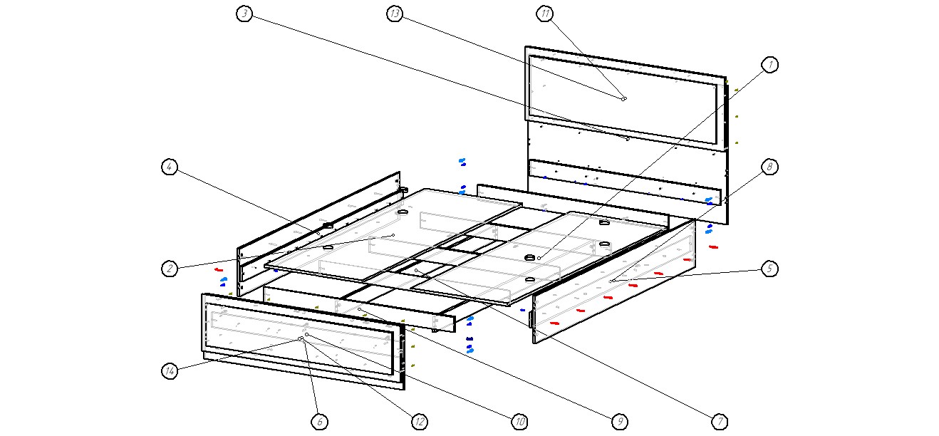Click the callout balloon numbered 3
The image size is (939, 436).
click(x=245, y=14)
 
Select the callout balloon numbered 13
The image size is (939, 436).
click(x=395, y=14)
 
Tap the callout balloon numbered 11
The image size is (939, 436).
click(x=545, y=14)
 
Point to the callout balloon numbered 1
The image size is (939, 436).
click(x=769, y=65)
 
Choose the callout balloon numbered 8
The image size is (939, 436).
click(x=769, y=167)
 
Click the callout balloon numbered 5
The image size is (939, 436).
click(x=769, y=269)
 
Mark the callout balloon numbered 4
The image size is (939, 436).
click(x=170, y=167)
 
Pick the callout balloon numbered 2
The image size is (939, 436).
click(x=170, y=269)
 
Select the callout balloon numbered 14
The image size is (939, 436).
click(x=170, y=371)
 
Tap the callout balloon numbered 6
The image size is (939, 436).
click(x=320, y=422)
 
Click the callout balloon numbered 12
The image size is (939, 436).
click(x=420, y=422)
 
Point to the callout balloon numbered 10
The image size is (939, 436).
click(x=520, y=422)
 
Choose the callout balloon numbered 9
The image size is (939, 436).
click(x=620, y=422)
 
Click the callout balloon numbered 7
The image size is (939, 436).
click(x=720, y=422)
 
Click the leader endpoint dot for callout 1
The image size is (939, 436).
click(x=539, y=258)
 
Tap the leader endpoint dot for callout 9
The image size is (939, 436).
click(x=360, y=309)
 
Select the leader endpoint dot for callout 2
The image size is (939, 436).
click(x=393, y=235)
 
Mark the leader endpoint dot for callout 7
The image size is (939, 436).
click(x=417, y=271)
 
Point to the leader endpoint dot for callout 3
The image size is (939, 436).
click(x=627, y=139)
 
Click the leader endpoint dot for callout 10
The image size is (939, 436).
click(x=306, y=334)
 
